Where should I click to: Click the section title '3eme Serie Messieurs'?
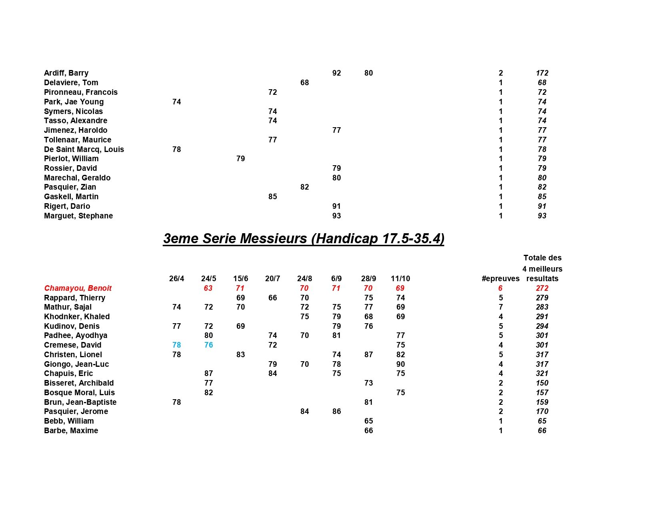pyautogui.click(x=304, y=239)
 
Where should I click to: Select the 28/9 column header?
pyautogui.click(x=368, y=279)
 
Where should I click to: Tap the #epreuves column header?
pyautogui.click(x=500, y=279)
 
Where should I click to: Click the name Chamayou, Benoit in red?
pyautogui.click(x=78, y=288)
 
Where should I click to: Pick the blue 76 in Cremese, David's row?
pyautogui.click(x=208, y=345)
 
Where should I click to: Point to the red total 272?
pyautogui.click(x=542, y=288)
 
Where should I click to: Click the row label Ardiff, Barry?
pyautogui.click(x=66, y=73)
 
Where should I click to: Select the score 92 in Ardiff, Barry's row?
pyautogui.click(x=336, y=73)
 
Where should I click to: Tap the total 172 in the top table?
pyautogui.click(x=542, y=73)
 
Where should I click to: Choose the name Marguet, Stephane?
pyautogui.click(x=78, y=216)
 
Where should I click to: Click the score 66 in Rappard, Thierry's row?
pyautogui.click(x=272, y=298)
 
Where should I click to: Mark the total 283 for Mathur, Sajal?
pyautogui.click(x=542, y=307)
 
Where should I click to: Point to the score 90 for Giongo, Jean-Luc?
pyautogui.click(x=400, y=364)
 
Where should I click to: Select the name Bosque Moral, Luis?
pyautogui.click(x=79, y=393)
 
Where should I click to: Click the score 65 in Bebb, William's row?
pyautogui.click(x=368, y=421)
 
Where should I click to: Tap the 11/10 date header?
pyautogui.click(x=400, y=279)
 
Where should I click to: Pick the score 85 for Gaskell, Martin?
pyautogui.click(x=272, y=197)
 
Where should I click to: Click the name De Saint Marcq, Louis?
pyautogui.click(x=84, y=150)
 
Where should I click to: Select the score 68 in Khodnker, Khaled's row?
pyautogui.click(x=368, y=317)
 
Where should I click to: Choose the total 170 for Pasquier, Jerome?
pyautogui.click(x=542, y=412)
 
